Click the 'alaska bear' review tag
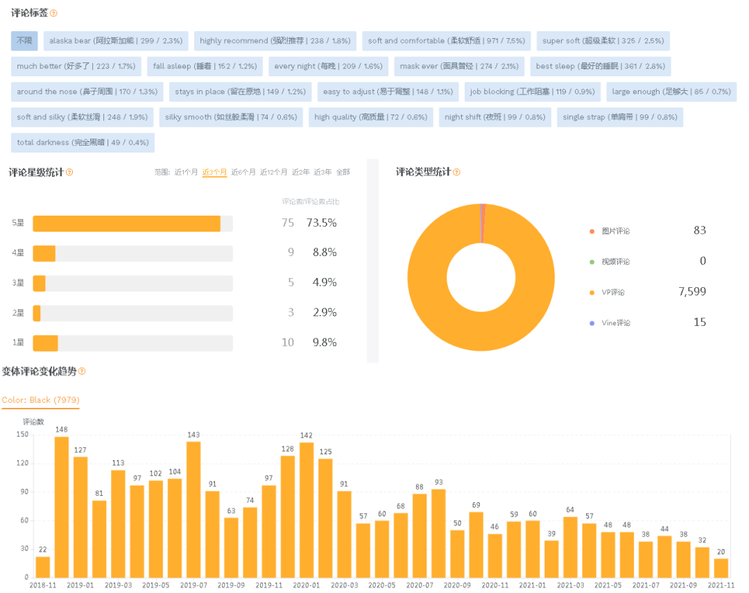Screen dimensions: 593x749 point(116,41)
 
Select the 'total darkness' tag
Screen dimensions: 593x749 point(83,142)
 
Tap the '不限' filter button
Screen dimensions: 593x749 point(24,41)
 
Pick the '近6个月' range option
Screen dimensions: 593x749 point(243,172)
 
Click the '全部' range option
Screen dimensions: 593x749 point(343,172)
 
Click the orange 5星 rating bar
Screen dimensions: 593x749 point(126,223)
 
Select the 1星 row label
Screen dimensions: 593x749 point(18,342)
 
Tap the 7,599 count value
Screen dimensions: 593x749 point(691,291)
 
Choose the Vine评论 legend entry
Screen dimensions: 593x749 point(615,323)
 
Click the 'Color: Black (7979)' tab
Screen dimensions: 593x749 point(40,400)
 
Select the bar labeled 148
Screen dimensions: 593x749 point(62,506)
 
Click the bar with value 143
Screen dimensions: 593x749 point(193,509)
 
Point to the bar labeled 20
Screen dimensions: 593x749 point(721,567)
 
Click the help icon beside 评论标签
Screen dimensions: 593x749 point(54,13)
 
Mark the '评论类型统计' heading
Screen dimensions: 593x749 point(423,172)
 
